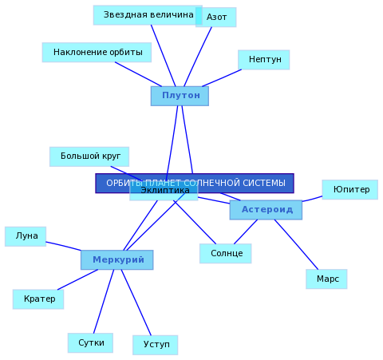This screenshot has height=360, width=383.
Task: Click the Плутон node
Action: pos(180,96)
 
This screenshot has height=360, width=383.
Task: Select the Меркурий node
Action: pos(117,259)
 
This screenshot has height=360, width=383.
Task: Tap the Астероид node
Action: pos(266,210)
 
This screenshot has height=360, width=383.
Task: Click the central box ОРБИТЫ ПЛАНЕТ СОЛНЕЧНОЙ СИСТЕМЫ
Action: pos(195,183)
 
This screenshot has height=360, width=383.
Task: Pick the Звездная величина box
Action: pos(148,15)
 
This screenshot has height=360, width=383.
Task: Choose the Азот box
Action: pos(216,17)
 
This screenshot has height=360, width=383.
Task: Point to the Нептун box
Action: pos(264,60)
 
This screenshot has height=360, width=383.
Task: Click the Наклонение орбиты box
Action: pos(97,52)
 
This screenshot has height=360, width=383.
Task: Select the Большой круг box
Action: pos(89,156)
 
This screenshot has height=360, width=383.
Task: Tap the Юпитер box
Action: pos(350,189)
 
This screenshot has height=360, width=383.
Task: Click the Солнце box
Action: pos(226,253)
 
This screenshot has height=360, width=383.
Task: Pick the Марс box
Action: pos(326,279)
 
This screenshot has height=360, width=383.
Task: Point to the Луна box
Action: pos(26,236)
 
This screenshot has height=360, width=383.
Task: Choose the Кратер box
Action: pos(38,299)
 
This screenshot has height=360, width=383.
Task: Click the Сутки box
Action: pos(90,342)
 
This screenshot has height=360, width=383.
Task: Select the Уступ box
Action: pos(156,345)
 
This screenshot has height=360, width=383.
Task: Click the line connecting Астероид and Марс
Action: pos(296,244)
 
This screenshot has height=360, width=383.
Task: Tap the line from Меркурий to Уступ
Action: pos(136,303)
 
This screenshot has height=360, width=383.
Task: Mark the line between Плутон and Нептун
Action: pos(222,78)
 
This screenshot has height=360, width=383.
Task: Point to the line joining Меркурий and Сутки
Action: pos(104,302)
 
